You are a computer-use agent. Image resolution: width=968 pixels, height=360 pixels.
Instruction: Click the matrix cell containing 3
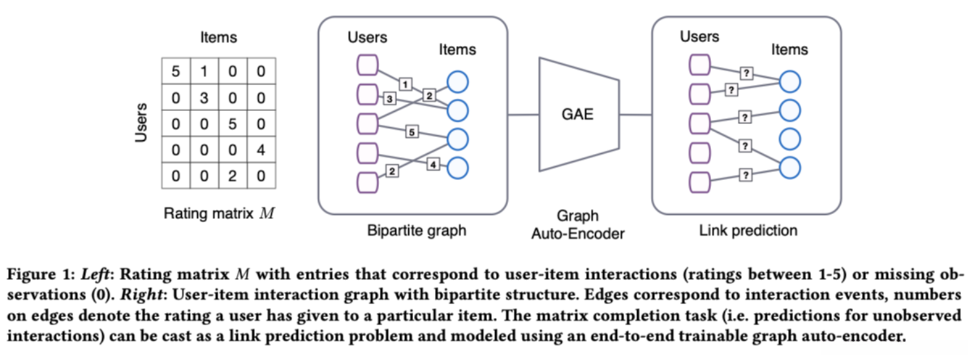pos(204,98)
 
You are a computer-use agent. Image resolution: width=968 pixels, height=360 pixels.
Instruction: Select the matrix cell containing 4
pos(261,150)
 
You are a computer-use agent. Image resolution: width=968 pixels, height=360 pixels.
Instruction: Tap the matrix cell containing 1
pos(204,72)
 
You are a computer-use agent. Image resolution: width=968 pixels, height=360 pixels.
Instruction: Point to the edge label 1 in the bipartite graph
pos(405,83)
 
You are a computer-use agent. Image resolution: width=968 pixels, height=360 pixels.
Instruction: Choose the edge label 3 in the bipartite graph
pos(390,99)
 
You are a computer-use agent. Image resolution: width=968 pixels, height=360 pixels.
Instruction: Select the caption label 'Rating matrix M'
pos(218,214)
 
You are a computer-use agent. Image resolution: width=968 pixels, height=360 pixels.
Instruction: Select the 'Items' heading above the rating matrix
pos(218,38)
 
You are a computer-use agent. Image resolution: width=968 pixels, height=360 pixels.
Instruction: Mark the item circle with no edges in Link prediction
pos(789,138)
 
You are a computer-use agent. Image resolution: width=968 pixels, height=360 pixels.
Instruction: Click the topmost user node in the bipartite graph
pos(367,66)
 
